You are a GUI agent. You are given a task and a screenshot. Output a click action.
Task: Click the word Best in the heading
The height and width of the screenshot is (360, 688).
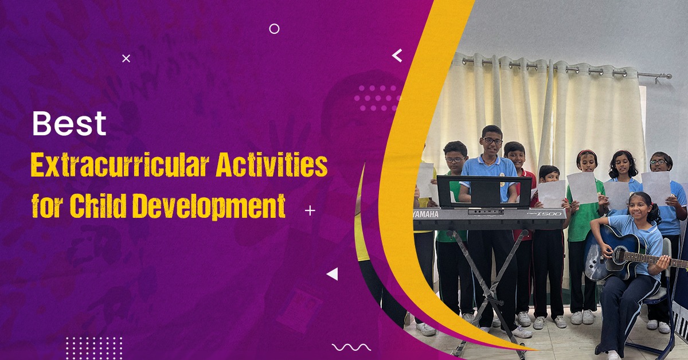point(69,123)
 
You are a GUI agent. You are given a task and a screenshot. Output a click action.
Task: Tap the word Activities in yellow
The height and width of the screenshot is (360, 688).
point(272,165)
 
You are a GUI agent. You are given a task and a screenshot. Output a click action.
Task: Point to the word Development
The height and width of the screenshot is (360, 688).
point(210,205)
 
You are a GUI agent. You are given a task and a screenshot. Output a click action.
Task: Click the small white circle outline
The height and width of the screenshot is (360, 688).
point(274,29)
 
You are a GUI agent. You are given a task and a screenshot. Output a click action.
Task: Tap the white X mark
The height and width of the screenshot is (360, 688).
point(126,58)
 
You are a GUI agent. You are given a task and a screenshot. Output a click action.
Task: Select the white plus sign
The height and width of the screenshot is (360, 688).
point(310,211)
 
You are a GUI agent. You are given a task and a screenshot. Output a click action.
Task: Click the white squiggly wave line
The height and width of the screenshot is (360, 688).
point(351,347)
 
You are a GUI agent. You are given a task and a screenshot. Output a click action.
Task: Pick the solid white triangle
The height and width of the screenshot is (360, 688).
point(333,274)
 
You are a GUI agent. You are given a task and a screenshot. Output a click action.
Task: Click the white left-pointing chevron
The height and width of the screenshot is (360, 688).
point(397,56)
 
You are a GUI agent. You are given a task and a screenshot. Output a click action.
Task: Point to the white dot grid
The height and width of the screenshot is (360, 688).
point(94,348)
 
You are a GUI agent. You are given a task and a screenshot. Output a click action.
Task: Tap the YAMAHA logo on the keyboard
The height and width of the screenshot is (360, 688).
point(425,214)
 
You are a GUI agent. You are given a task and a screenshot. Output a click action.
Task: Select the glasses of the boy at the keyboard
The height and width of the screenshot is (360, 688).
point(492,141)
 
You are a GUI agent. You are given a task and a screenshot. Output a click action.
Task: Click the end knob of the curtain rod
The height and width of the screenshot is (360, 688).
point(669,76)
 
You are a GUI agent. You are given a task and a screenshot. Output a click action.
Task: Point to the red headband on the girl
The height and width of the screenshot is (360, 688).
point(587,152)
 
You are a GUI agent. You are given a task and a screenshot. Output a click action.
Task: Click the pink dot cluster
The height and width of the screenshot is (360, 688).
point(377,98)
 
